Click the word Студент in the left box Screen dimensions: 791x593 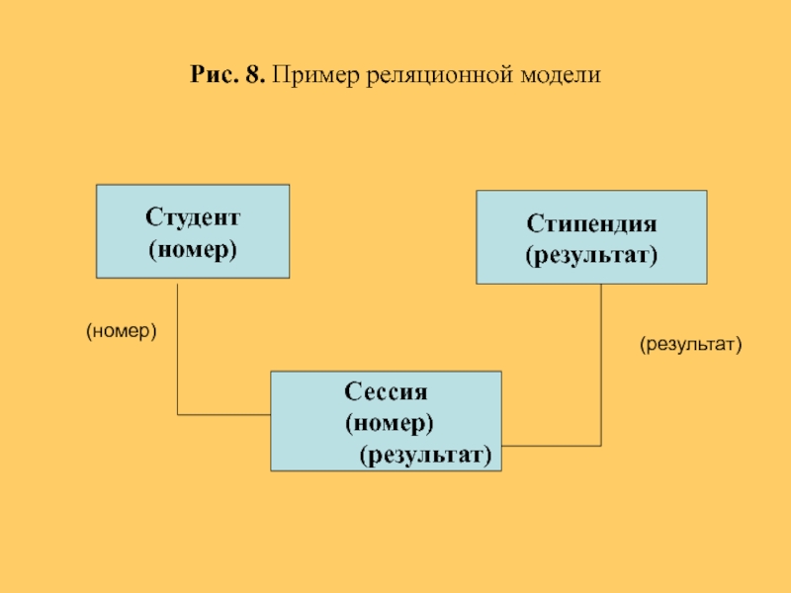pyautogui.click(x=193, y=215)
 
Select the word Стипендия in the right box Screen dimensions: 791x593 pyautogui.click(x=591, y=224)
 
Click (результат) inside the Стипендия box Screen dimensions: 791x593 pyautogui.click(x=591, y=256)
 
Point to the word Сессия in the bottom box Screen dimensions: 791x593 pyautogui.click(x=386, y=391)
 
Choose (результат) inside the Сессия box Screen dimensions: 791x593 pyautogui.click(x=425, y=454)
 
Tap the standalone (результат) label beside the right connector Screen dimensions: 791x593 pyautogui.click(x=689, y=344)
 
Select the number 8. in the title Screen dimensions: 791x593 pyautogui.click(x=255, y=75)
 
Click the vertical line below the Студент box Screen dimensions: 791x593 pyautogui.click(x=177, y=346)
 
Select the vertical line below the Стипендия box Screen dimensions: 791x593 pyautogui.click(x=602, y=366)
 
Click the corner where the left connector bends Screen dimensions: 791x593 pyautogui.click(x=177, y=414)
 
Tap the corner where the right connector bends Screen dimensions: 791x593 pyautogui.click(x=602, y=446)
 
